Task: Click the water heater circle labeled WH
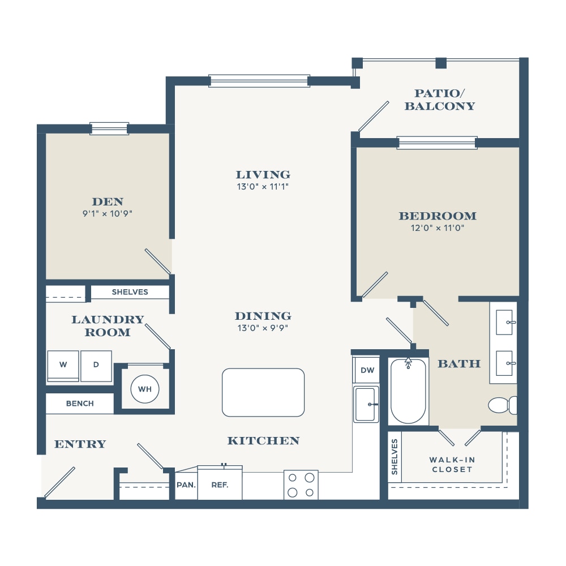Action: pyautogui.click(x=145, y=389)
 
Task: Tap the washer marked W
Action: pyautogui.click(x=63, y=366)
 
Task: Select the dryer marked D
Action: pyautogui.click(x=96, y=366)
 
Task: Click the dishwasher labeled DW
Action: pyautogui.click(x=367, y=370)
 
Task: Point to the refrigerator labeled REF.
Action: pyautogui.click(x=220, y=483)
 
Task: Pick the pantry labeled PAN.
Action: pyautogui.click(x=186, y=486)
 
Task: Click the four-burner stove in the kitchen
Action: pyautogui.click(x=301, y=485)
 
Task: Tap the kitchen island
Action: pyautogui.click(x=263, y=392)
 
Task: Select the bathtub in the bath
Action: pyautogui.click(x=408, y=391)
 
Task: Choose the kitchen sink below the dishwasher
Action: pyautogui.click(x=366, y=404)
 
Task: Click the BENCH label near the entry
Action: pyautogui.click(x=80, y=404)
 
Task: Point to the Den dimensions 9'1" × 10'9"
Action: pyautogui.click(x=107, y=213)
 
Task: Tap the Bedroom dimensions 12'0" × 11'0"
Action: pyautogui.click(x=437, y=228)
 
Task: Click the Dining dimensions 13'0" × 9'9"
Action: pyautogui.click(x=263, y=328)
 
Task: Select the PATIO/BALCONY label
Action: pyautogui.click(x=439, y=100)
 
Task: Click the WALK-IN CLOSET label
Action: pyautogui.click(x=452, y=465)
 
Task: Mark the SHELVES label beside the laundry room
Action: pyautogui.click(x=130, y=292)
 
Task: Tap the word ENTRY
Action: pyautogui.click(x=80, y=444)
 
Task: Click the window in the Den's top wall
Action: pyautogui.click(x=109, y=128)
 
